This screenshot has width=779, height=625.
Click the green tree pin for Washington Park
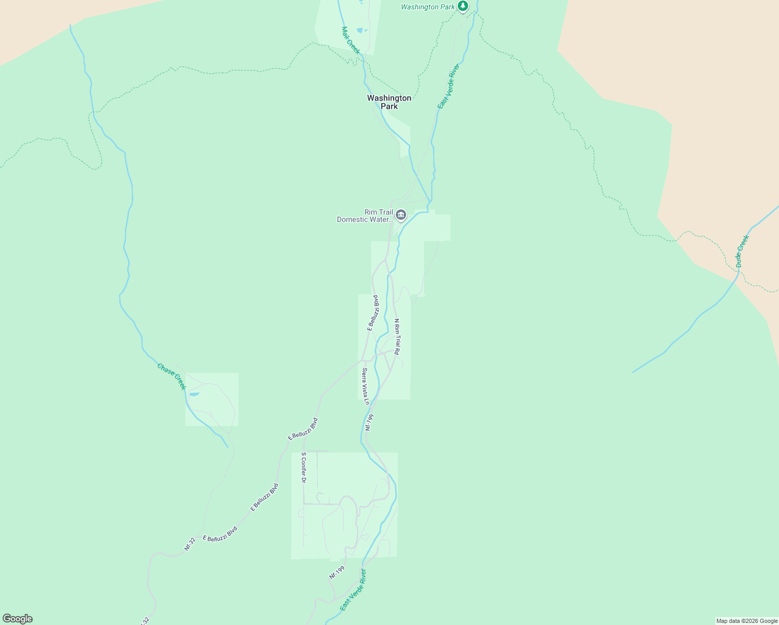point(463,6)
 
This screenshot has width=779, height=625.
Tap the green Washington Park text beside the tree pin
point(428,7)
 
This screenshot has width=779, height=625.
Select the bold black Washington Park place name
point(389,102)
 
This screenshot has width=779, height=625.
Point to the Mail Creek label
point(350,40)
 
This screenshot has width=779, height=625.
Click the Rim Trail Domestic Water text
point(365,216)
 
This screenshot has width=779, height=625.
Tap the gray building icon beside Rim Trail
point(400,215)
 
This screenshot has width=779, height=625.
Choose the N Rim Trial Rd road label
point(397,337)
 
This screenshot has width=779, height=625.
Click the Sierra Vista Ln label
point(366,386)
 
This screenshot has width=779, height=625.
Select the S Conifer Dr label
point(303,467)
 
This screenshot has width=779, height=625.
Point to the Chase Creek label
point(171,377)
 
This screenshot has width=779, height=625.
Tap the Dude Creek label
point(742,251)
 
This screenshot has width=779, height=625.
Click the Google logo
point(17,619)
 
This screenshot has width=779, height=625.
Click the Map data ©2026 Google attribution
point(747,621)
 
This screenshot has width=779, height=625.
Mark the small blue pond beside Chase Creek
point(194,394)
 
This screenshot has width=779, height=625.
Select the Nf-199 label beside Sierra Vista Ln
point(369,422)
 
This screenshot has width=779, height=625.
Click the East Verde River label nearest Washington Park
point(448,86)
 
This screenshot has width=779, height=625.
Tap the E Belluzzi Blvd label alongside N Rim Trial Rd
point(373,312)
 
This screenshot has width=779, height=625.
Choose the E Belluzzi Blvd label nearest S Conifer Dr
point(303,429)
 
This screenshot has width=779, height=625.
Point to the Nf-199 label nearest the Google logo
point(337,572)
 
